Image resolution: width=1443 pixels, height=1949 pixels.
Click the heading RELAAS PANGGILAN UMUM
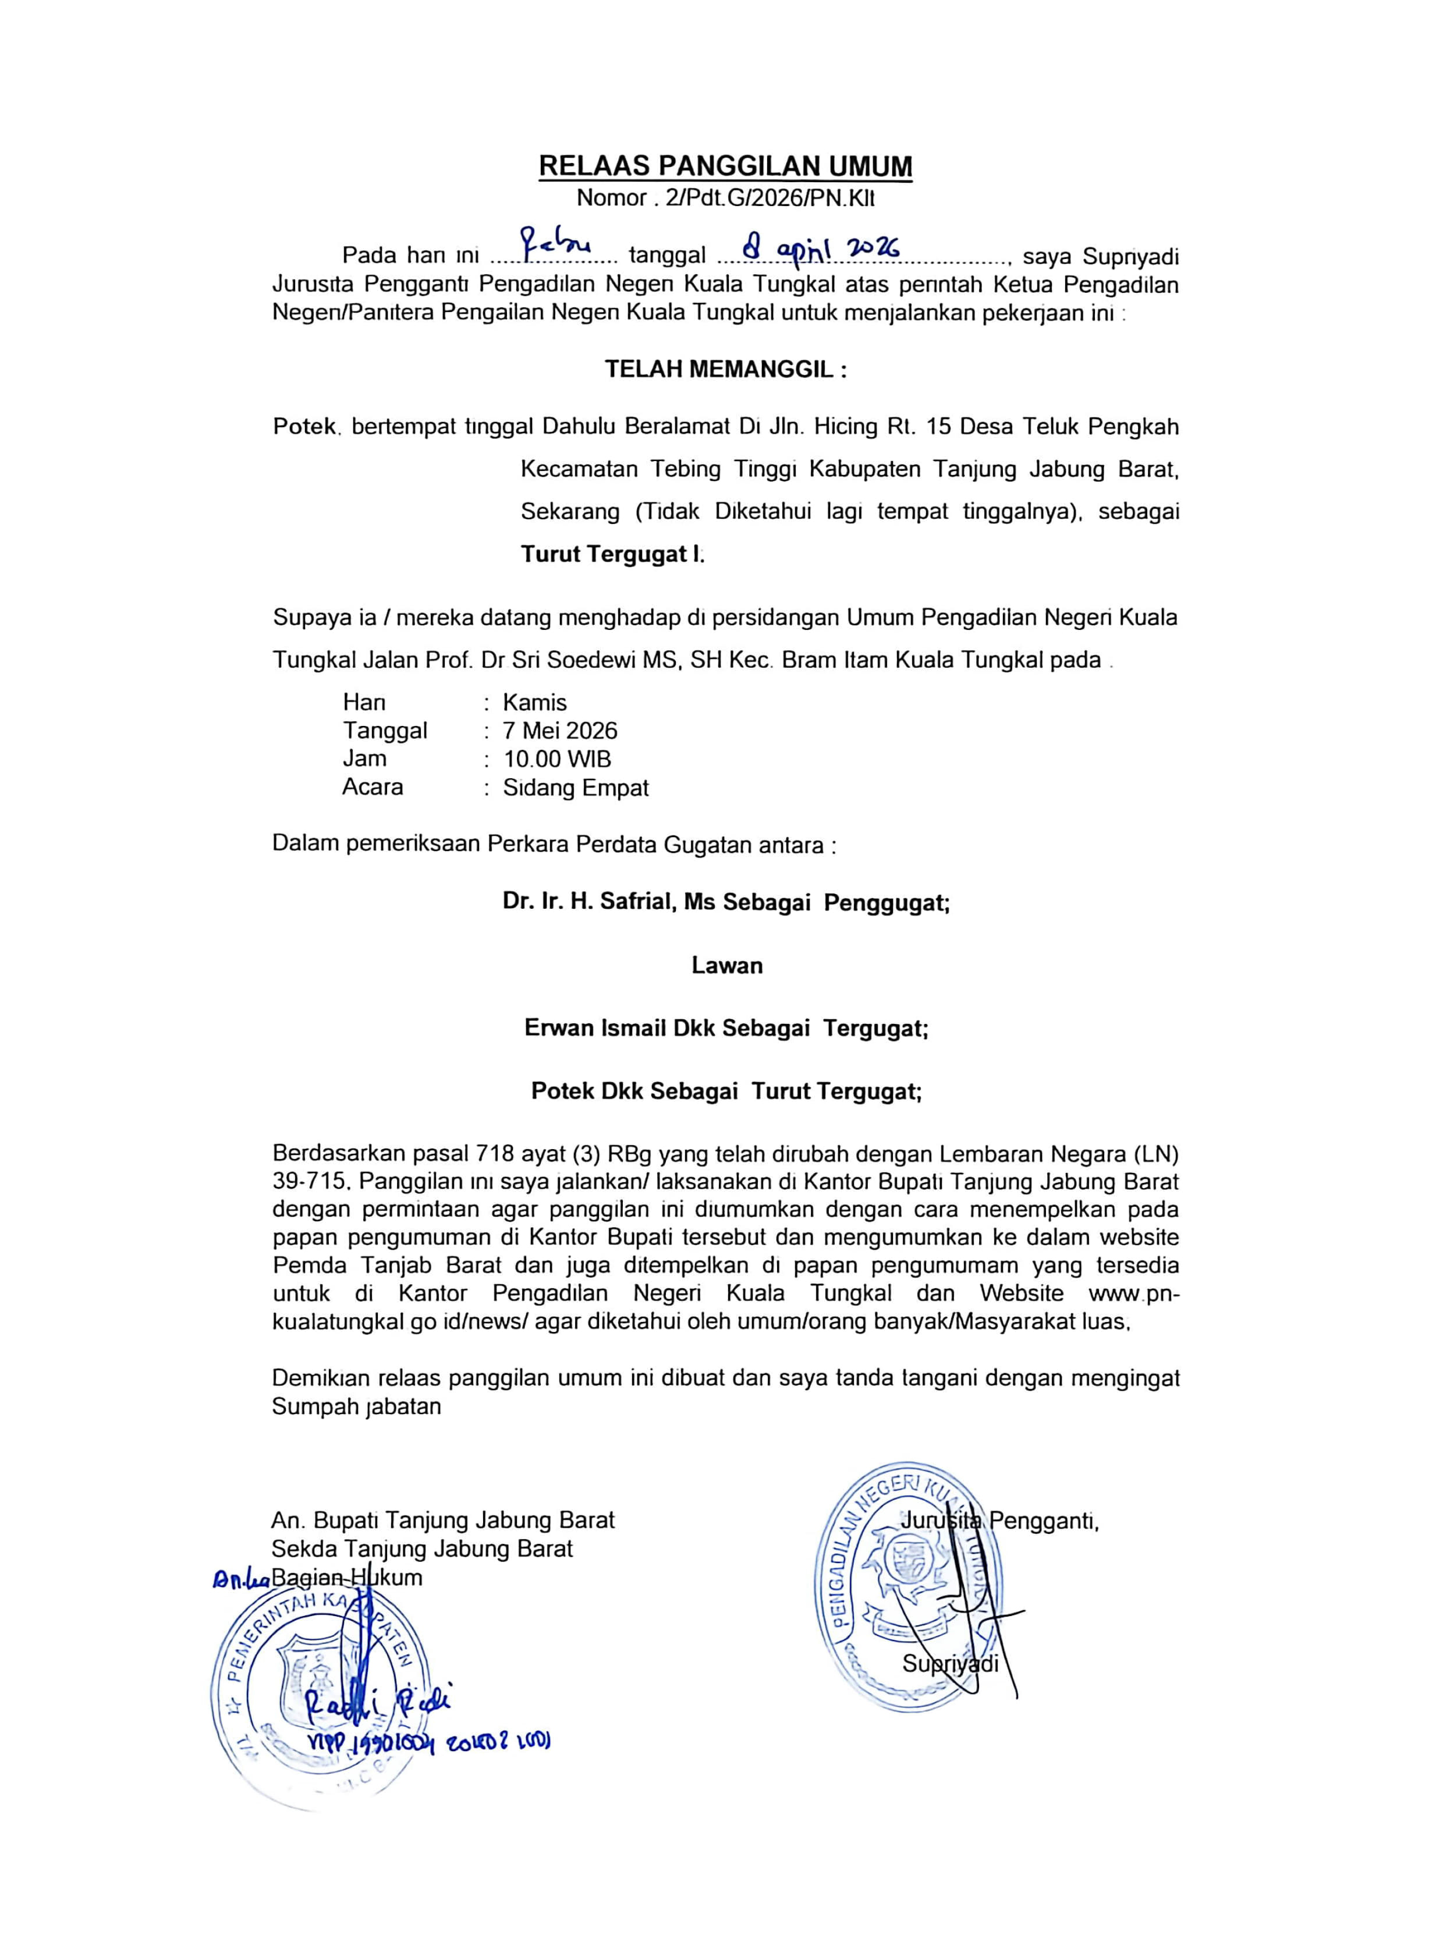[x=725, y=166]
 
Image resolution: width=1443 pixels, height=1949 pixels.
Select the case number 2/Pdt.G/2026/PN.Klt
[x=770, y=199]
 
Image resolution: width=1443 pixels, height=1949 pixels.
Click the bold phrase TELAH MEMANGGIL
[x=725, y=370]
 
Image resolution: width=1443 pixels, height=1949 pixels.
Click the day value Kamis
[x=534, y=703]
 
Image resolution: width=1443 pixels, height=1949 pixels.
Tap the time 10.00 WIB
[x=557, y=759]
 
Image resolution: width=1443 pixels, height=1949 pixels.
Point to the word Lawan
[x=727, y=965]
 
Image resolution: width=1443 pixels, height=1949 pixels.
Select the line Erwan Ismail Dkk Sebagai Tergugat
[x=726, y=1028]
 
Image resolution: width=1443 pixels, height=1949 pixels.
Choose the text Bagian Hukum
[x=347, y=1578]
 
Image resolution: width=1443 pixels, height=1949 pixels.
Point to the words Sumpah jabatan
[x=356, y=1406]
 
